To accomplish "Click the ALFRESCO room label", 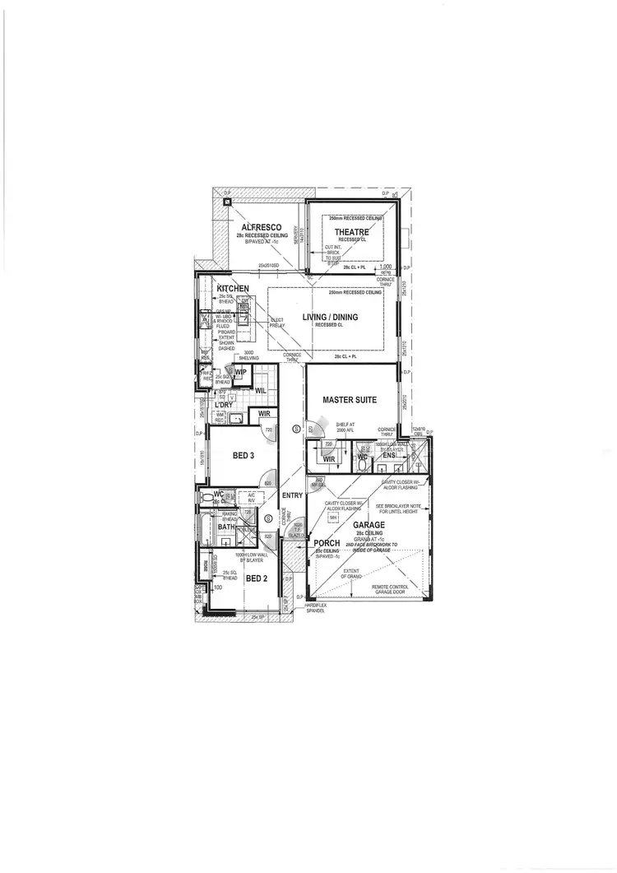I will (262, 227).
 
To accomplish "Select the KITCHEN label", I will (233, 289).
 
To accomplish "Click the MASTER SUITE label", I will (349, 400).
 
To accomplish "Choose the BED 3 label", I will (243, 455).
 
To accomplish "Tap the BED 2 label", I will (257, 578).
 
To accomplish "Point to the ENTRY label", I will (292, 495).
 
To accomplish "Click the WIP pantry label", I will (241, 373).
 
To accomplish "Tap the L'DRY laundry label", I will (223, 405).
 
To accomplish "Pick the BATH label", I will (216, 527).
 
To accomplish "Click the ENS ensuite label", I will (389, 455).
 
